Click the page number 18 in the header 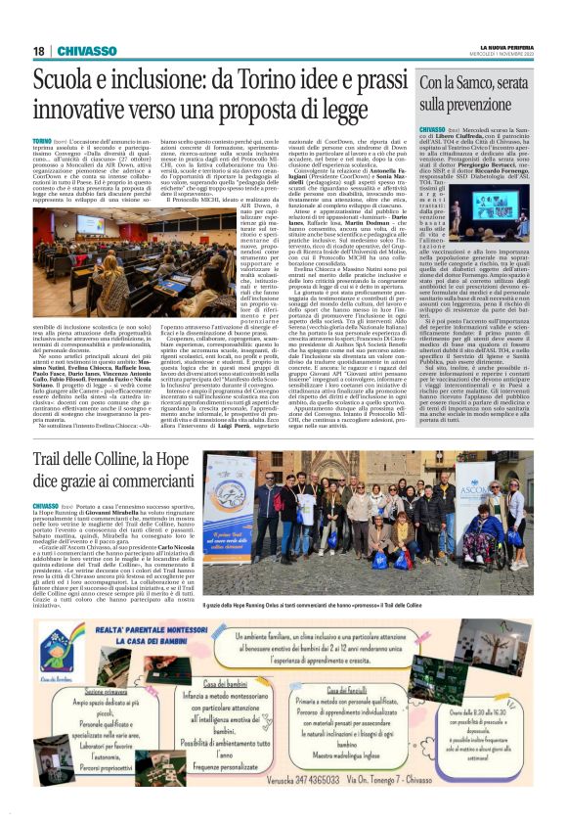tap(39, 51)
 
